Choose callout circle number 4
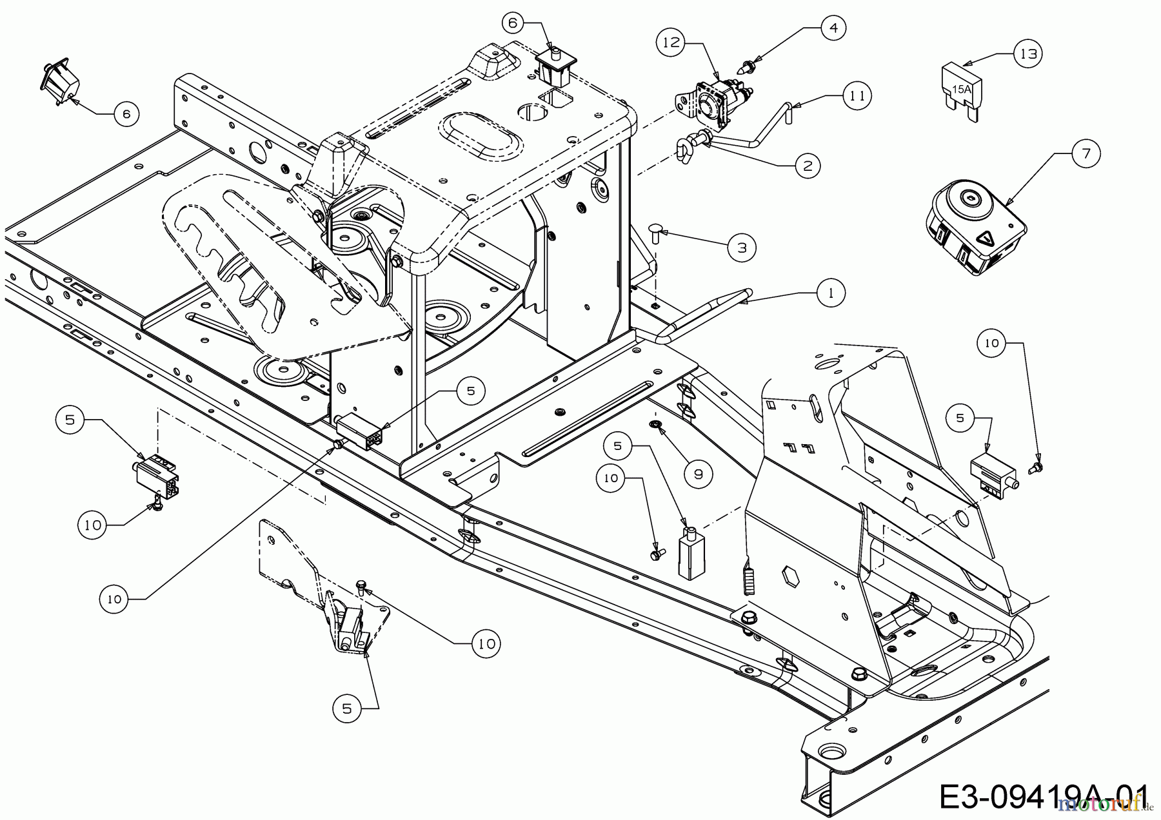pos(833,28)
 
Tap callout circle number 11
pos(856,95)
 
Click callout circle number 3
pos(741,247)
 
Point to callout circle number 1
pos(831,293)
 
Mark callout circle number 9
pos(698,474)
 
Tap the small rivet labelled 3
pos(655,231)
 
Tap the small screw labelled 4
pos(749,65)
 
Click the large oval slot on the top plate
pos(477,134)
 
